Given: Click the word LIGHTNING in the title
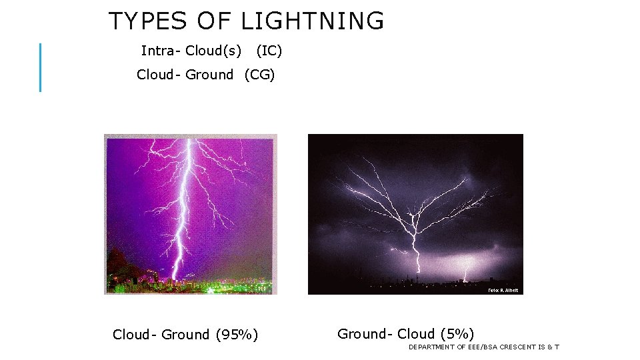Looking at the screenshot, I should tap(312, 21).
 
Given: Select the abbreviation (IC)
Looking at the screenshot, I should tap(269, 51).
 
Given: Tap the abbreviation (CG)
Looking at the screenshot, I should tap(260, 75).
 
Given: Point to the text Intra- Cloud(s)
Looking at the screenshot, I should tap(191, 51).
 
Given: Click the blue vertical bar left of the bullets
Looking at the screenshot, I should tap(40, 67).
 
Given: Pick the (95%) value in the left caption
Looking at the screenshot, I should tap(237, 335).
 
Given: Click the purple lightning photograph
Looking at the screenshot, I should tap(191, 213).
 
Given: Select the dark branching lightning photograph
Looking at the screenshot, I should tap(415, 213).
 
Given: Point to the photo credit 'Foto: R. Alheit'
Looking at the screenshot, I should tap(503, 291).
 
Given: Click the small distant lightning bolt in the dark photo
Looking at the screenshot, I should tap(465, 273).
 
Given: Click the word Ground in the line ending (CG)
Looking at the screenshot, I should tap(209, 75).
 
